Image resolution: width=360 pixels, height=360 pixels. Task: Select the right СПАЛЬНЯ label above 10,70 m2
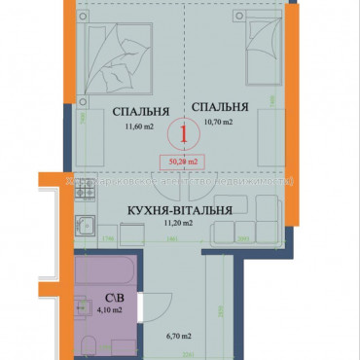(219, 107)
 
